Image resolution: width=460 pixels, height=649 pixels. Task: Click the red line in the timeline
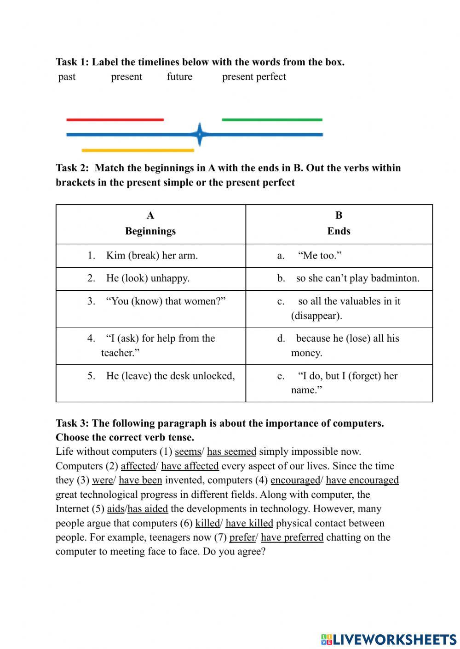115,120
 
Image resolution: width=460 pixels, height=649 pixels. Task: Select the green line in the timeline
272,120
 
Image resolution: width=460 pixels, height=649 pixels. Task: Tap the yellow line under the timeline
138,150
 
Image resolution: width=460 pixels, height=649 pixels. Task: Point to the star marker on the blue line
200,134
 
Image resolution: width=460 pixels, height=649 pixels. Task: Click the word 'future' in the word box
179,77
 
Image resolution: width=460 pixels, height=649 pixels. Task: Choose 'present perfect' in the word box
254,77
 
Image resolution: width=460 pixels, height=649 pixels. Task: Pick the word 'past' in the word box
67,77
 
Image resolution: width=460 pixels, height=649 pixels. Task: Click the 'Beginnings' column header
150,231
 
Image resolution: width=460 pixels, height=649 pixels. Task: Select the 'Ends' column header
339,231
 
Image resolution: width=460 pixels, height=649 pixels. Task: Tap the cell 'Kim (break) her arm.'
151,255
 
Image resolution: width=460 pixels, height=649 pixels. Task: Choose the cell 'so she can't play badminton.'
357,278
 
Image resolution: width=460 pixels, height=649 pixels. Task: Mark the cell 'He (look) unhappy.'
147,278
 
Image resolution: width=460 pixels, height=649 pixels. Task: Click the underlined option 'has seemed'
231,451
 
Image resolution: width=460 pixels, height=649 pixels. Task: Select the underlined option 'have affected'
190,466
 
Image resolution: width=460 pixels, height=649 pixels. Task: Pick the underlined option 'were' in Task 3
102,480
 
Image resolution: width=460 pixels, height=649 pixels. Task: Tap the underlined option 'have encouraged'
362,480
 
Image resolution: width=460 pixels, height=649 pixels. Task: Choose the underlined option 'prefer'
242,537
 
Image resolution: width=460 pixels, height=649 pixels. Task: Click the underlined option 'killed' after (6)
207,523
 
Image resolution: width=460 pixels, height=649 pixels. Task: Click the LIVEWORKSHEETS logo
389,639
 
